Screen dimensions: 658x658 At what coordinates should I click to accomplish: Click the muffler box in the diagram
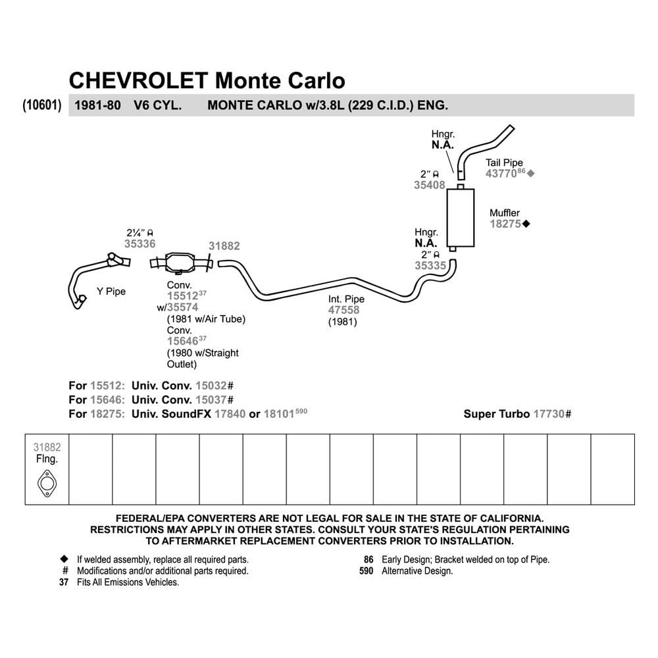(x=461, y=218)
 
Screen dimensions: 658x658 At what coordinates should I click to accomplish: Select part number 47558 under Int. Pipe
(x=343, y=310)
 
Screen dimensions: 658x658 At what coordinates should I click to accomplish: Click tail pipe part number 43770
(x=501, y=174)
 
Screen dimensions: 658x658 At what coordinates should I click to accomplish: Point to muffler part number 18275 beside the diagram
(x=505, y=224)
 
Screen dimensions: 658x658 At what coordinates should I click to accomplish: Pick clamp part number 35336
(x=139, y=244)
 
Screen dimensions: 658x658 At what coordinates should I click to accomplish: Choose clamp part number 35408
(x=429, y=185)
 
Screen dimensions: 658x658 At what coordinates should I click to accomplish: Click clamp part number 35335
(x=430, y=266)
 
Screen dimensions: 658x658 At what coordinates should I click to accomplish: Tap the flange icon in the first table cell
(x=47, y=484)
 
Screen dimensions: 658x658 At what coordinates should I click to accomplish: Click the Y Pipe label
(x=111, y=291)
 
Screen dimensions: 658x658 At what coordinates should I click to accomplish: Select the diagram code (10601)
(x=42, y=105)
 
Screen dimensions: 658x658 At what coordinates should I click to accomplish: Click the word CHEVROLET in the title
(x=138, y=80)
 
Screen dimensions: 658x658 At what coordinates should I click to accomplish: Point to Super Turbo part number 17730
(x=549, y=414)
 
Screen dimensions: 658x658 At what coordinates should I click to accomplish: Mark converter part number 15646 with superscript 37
(x=187, y=340)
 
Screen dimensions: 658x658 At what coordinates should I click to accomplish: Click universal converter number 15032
(x=211, y=386)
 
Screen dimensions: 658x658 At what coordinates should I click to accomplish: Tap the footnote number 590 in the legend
(x=366, y=571)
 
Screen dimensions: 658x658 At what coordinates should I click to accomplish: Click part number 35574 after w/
(x=182, y=307)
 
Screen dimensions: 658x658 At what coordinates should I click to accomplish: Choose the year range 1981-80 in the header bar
(x=98, y=105)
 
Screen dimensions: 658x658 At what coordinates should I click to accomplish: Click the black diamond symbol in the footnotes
(x=64, y=559)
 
